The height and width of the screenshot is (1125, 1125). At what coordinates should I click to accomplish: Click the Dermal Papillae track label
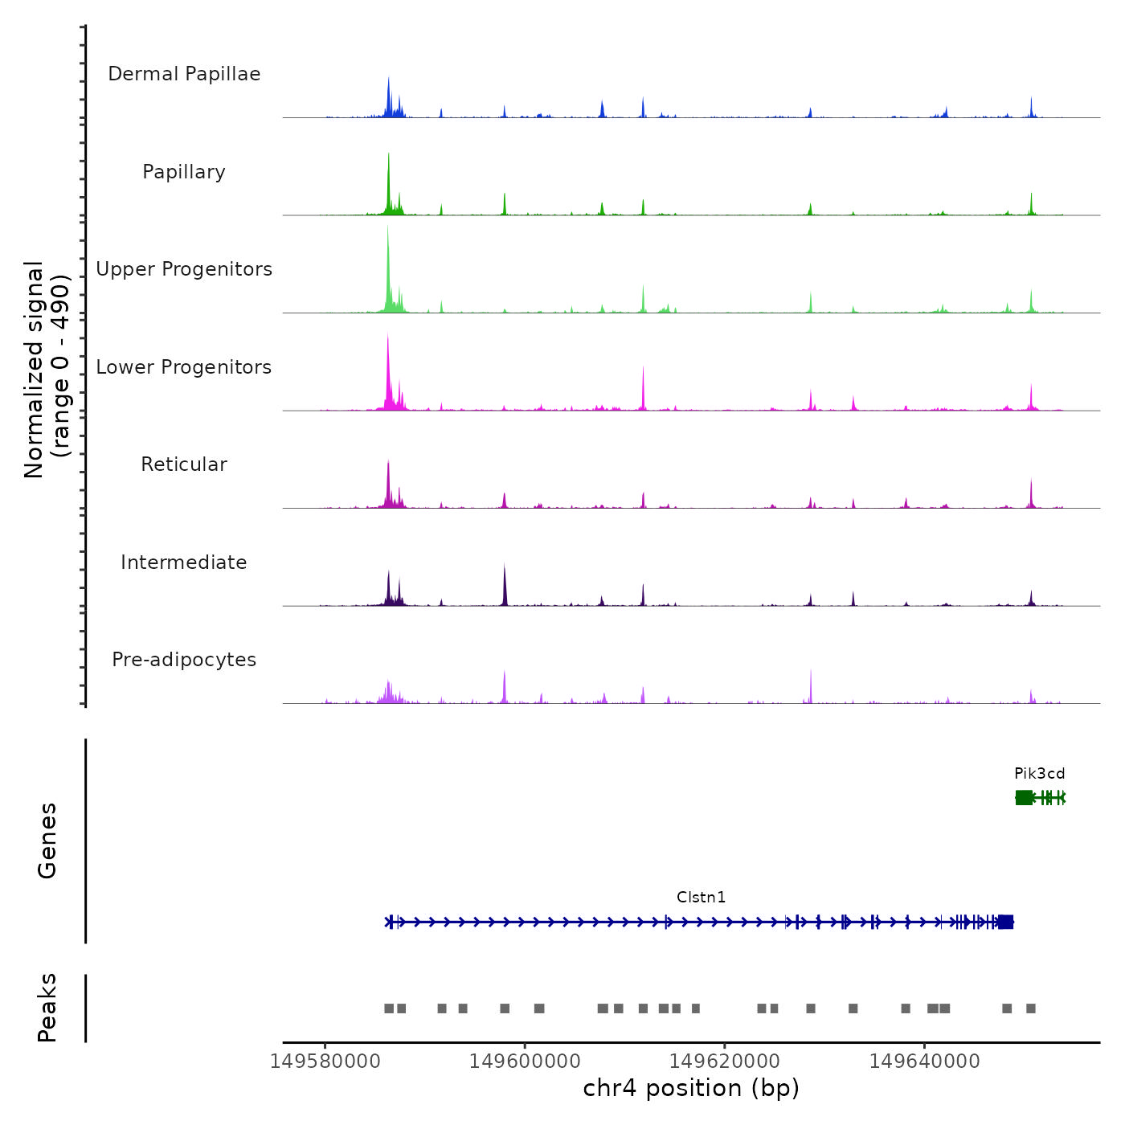(x=184, y=74)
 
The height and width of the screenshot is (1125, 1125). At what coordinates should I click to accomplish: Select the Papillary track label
(x=184, y=172)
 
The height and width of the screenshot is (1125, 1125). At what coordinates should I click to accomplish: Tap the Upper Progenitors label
(x=184, y=269)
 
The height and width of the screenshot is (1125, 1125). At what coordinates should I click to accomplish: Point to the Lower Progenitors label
(x=184, y=367)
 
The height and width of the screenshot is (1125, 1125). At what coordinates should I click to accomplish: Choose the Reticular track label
(x=184, y=464)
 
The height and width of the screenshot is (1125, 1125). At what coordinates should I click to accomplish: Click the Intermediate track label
(x=184, y=562)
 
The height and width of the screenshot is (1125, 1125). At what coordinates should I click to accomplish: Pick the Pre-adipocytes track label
(x=184, y=660)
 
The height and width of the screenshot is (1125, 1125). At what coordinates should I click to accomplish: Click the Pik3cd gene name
(x=1039, y=774)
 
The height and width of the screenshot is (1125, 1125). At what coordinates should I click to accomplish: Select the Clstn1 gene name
(x=701, y=898)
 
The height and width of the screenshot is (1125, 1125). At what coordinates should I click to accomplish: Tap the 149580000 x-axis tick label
(x=325, y=1062)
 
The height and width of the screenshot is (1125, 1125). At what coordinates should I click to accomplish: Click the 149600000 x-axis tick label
(x=525, y=1062)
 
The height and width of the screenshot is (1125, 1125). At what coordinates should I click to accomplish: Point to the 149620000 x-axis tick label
(x=725, y=1062)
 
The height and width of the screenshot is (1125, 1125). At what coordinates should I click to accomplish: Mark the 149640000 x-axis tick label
(x=925, y=1062)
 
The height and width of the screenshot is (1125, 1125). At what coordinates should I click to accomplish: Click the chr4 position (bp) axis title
(x=691, y=1088)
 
